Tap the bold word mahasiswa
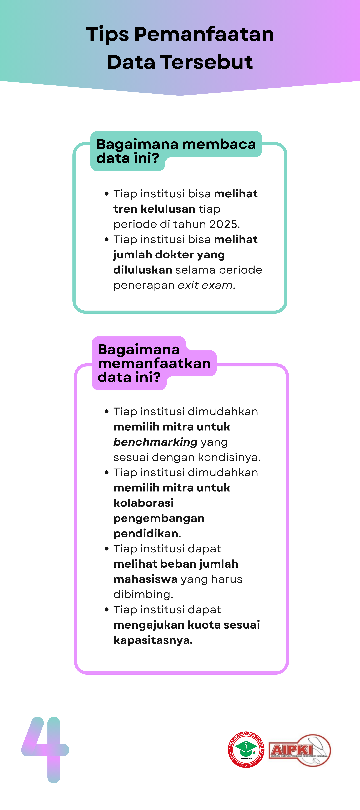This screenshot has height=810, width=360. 145,579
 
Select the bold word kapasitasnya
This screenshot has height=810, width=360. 153,640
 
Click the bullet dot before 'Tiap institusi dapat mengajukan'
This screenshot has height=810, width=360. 107,610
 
